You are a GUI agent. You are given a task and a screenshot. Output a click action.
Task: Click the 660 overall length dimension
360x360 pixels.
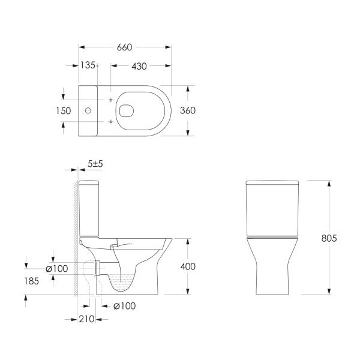point(124,47)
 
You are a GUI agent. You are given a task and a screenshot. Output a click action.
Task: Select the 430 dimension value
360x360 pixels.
point(139,66)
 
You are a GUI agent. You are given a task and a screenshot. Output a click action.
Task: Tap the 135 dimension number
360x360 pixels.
point(88,65)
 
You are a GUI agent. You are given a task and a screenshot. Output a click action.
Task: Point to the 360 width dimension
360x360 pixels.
point(188,110)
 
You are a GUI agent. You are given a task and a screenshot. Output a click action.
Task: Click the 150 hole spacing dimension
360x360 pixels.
point(64,111)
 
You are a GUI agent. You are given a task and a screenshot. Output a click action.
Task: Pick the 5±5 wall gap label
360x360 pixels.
point(95,164)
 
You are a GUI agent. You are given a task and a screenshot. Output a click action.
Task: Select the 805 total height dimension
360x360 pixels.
point(329,238)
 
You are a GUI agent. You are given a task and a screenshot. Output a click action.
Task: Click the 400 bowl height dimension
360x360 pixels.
point(188,266)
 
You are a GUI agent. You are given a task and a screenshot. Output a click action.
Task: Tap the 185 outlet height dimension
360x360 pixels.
point(32,281)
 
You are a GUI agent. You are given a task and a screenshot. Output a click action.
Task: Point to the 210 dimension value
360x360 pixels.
point(86,319)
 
